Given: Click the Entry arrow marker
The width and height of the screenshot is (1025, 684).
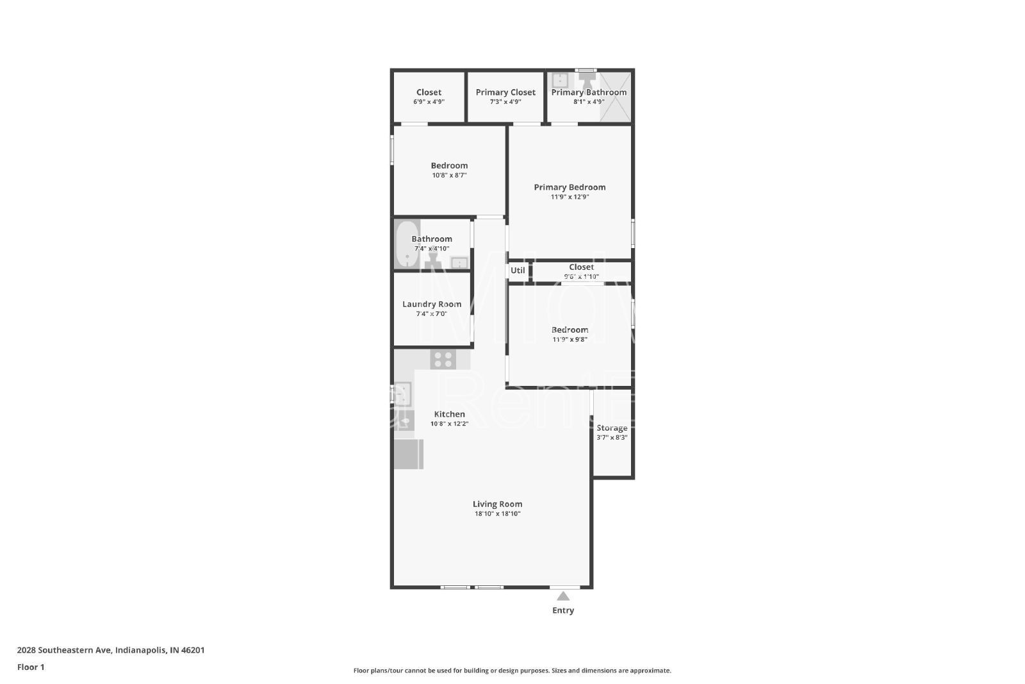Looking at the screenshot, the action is pyautogui.click(x=563, y=596).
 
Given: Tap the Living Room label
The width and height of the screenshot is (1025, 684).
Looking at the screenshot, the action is pyautogui.click(x=497, y=504).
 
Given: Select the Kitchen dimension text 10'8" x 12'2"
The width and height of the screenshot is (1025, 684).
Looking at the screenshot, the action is pyautogui.click(x=449, y=424).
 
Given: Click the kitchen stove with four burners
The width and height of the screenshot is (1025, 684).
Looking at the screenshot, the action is pyautogui.click(x=443, y=360).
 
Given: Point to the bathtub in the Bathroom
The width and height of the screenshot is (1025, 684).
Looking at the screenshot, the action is pyautogui.click(x=407, y=244).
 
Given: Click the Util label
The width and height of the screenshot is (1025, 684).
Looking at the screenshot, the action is pyautogui.click(x=518, y=270).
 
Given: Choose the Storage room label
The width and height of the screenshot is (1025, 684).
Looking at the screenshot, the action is pyautogui.click(x=612, y=428).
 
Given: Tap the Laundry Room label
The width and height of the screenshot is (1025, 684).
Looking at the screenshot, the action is pyautogui.click(x=432, y=304).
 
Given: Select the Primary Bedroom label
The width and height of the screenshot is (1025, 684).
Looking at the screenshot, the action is pyautogui.click(x=570, y=187).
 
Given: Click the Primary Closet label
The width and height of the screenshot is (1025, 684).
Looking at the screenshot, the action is pyautogui.click(x=505, y=92).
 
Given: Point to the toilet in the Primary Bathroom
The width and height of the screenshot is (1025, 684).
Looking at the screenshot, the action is pyautogui.click(x=586, y=81).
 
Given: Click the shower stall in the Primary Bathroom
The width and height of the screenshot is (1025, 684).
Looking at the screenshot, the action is pyautogui.click(x=615, y=97).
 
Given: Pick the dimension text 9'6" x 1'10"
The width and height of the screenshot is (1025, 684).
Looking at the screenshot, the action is pyautogui.click(x=581, y=276).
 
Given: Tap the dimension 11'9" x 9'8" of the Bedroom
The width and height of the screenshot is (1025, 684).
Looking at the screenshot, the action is pyautogui.click(x=570, y=340).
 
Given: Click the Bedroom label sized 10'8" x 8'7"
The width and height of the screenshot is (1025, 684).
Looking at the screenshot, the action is pyautogui.click(x=449, y=166).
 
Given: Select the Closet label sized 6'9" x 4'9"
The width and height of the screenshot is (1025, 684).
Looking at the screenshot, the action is pyautogui.click(x=429, y=92).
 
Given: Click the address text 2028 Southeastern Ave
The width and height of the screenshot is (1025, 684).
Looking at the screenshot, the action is pyautogui.click(x=64, y=650).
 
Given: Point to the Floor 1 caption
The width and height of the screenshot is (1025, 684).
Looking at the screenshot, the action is pyautogui.click(x=31, y=667).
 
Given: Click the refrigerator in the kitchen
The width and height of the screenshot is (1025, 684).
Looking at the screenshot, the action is pyautogui.click(x=409, y=454).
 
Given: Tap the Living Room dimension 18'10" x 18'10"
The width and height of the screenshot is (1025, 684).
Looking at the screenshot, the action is pyautogui.click(x=497, y=513).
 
